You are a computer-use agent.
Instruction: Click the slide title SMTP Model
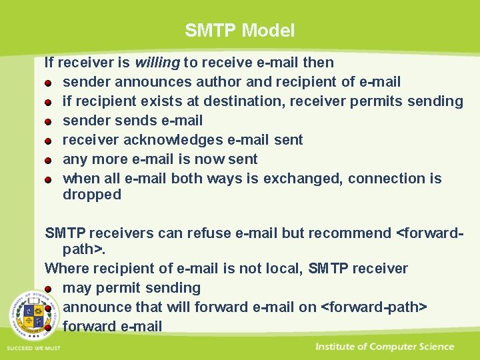239,30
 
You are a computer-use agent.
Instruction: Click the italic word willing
157,63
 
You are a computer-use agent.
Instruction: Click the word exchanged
303,179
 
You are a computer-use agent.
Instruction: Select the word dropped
92,195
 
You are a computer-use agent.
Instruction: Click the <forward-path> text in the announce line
373,307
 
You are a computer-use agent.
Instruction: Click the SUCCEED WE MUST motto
33,348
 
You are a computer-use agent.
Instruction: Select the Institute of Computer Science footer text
385,347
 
